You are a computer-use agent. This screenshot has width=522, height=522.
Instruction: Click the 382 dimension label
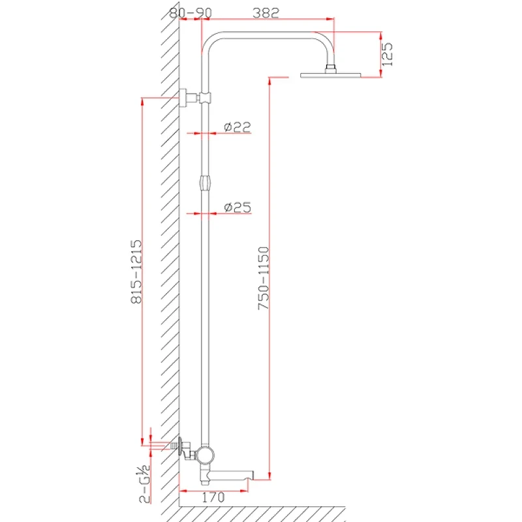(x=266, y=13)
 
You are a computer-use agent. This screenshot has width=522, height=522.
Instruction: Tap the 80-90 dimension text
(x=191, y=13)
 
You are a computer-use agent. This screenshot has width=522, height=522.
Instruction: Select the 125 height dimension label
(x=387, y=54)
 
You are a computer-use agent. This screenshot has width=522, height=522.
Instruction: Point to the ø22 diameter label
(x=238, y=127)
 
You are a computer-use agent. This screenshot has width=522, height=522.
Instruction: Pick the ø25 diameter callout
(x=238, y=207)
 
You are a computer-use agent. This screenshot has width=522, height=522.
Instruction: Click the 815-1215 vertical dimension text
(x=136, y=271)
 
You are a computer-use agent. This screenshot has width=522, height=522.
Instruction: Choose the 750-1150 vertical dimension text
(x=264, y=278)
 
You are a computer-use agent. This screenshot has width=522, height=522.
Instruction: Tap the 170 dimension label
(x=213, y=498)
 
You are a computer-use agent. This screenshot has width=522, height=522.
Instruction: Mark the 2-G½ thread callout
(x=144, y=484)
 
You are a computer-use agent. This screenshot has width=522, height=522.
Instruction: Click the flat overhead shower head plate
(x=330, y=75)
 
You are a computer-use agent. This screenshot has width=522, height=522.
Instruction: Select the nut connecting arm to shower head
(x=330, y=69)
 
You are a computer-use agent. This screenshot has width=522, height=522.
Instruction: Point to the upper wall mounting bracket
(x=188, y=98)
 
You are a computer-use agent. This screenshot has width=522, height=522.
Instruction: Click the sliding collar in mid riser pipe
(x=206, y=183)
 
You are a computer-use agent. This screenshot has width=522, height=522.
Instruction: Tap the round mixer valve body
(x=205, y=455)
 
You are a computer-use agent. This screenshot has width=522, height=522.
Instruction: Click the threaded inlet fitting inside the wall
(x=174, y=446)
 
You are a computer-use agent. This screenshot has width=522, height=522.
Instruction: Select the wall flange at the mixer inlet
(x=181, y=446)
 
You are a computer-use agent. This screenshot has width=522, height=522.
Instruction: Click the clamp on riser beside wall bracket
(x=206, y=97)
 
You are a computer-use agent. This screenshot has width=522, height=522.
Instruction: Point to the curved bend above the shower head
(x=324, y=43)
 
